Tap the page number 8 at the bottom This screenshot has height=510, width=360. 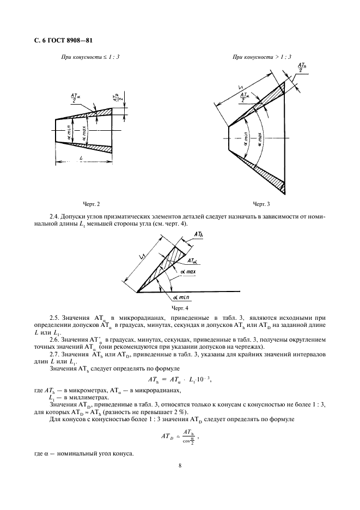180,465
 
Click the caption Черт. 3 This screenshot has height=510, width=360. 261,204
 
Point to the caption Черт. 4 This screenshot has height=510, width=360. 180,307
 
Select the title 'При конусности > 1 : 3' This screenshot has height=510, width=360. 262,57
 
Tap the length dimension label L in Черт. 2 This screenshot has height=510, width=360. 81,158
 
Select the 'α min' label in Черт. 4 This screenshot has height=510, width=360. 180,297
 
